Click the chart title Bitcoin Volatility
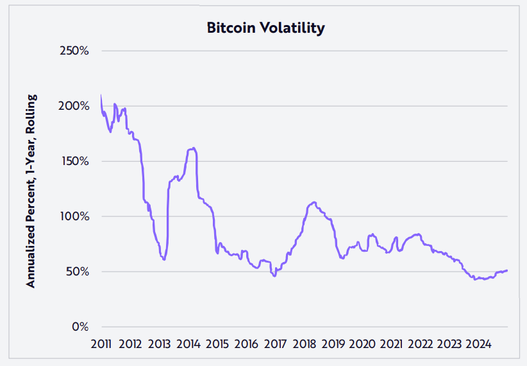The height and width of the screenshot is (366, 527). click(265, 28)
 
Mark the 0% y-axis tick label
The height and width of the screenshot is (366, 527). click(80, 327)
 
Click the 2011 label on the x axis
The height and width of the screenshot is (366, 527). click(101, 344)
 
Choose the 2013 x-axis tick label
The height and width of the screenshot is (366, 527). click(159, 344)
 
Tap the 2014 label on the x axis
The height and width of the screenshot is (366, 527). click(188, 344)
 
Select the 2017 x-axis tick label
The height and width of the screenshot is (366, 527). click(275, 344)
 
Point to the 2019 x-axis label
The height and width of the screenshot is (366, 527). click(333, 344)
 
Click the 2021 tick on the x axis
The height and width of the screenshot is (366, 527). click(391, 344)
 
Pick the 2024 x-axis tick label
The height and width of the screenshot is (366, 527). click(478, 344)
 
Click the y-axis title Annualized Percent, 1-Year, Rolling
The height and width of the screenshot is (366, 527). click(30, 191)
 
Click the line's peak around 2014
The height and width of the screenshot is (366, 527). click(192, 148)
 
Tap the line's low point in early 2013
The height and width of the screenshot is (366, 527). click(164, 259)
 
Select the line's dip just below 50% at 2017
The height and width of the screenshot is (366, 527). click(274, 276)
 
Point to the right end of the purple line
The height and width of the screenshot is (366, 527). click(507, 270)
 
